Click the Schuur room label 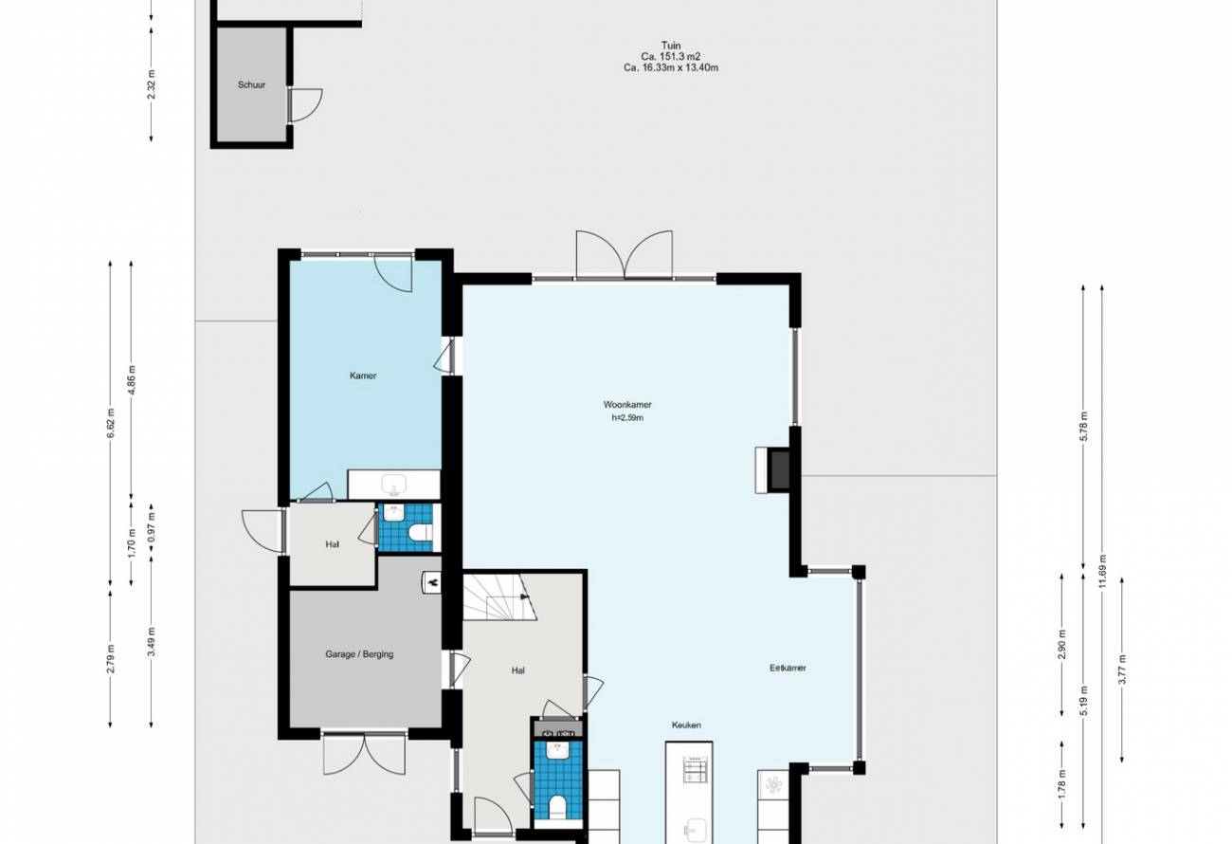click(251, 84)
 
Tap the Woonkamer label click(627, 404)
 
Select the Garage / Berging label click(359, 654)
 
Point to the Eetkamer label click(788, 668)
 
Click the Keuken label click(686, 725)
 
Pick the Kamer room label click(363, 376)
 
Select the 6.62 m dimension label click(111, 424)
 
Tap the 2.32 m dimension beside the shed click(152, 84)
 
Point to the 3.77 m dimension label click(1123, 670)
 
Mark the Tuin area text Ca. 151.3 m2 click(670, 57)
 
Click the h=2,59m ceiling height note click(627, 417)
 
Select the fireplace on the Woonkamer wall click(773, 470)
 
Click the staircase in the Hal click(499, 596)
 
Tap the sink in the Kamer click(394, 485)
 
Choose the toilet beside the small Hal click(423, 532)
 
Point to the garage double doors click(364, 754)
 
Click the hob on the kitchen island click(694, 770)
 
